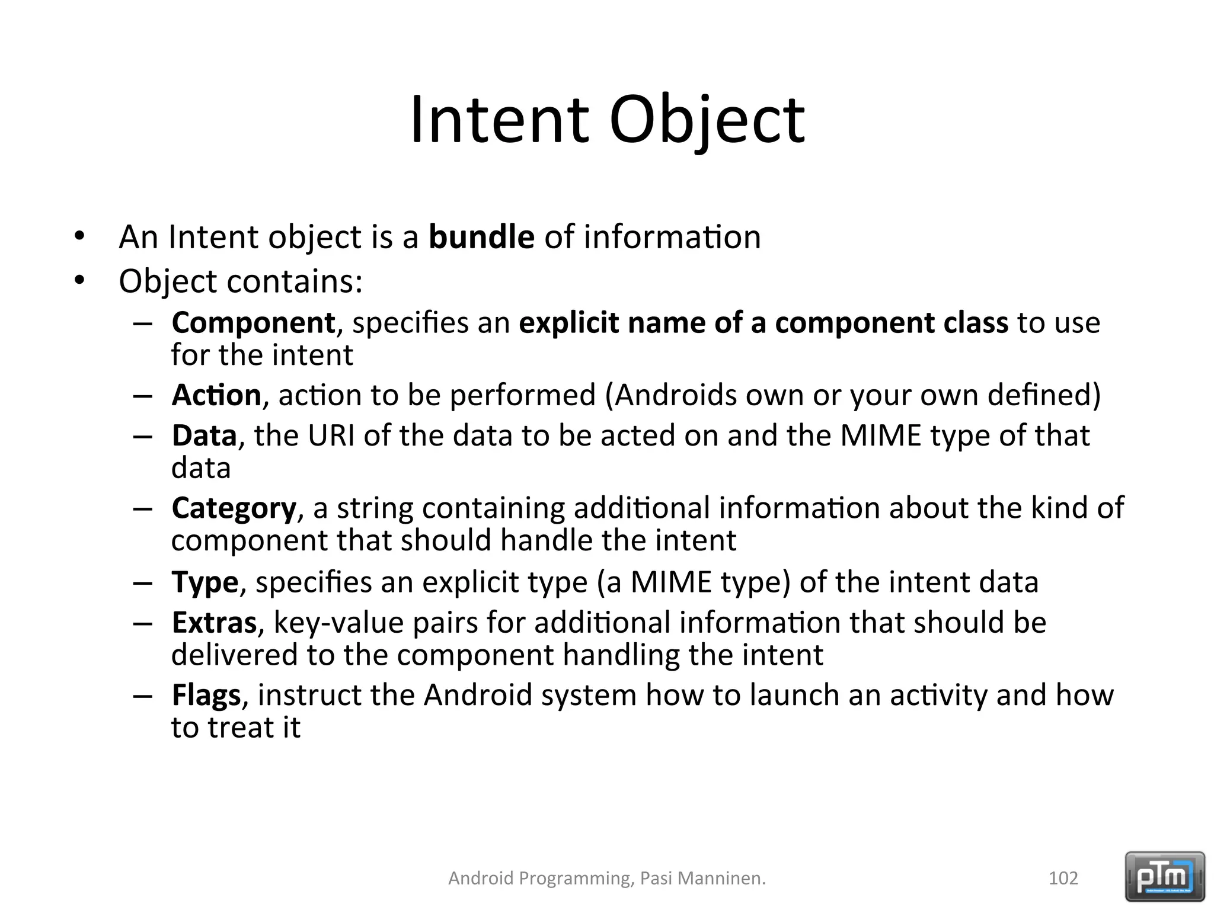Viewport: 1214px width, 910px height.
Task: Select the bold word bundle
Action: (481, 237)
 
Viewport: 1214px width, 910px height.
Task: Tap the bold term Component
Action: (253, 323)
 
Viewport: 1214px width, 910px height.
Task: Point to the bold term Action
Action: (216, 395)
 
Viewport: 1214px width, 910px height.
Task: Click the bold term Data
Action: (204, 436)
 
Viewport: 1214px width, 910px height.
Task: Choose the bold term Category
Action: (234, 508)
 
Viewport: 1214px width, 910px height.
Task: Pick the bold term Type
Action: (205, 582)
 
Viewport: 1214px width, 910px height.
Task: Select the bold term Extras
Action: (214, 623)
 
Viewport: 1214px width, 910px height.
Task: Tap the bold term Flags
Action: (206, 695)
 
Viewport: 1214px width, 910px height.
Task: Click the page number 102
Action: (1063, 878)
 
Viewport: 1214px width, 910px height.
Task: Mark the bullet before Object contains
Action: (79, 281)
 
